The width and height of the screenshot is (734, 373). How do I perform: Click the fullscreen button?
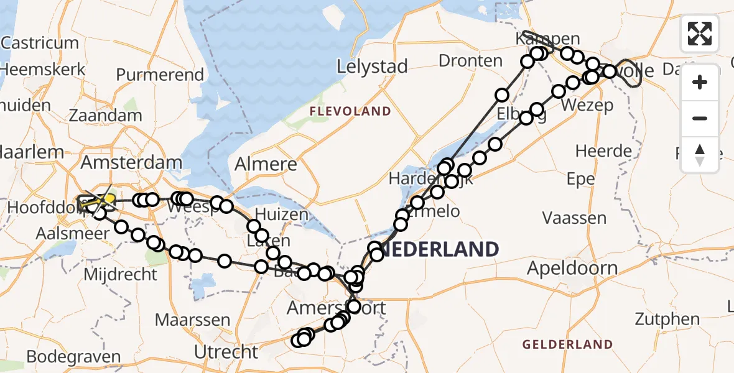(x=700, y=34)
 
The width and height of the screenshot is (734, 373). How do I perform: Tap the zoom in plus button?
(x=700, y=82)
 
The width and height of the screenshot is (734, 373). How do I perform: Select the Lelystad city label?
(x=372, y=67)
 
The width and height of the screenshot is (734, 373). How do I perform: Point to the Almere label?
(x=266, y=165)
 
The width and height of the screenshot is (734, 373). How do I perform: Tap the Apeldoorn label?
(x=572, y=269)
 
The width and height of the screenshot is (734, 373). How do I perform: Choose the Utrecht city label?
(x=226, y=352)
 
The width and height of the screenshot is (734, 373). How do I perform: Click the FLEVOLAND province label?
(x=350, y=112)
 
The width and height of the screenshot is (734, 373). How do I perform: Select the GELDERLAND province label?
(x=567, y=344)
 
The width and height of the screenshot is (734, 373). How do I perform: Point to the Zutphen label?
(x=667, y=320)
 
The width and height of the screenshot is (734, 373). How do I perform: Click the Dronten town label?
(x=470, y=61)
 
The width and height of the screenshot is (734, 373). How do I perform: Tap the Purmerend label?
(x=160, y=75)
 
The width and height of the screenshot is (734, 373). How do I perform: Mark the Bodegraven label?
(x=73, y=357)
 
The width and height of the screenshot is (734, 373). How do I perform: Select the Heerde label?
(x=603, y=151)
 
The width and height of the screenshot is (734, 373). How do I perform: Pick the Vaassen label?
(x=574, y=218)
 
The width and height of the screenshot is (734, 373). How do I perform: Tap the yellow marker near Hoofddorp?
(x=106, y=200)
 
